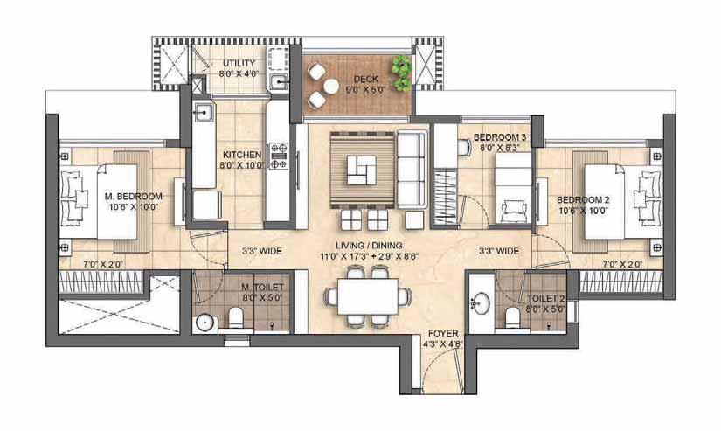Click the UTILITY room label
click(239, 63)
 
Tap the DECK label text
click(366, 79)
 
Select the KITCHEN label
click(242, 155)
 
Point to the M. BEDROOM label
click(134, 197)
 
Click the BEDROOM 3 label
click(500, 137)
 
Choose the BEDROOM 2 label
click(583, 200)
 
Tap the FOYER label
click(443, 333)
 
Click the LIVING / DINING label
click(369, 246)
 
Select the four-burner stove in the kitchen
click(279, 156)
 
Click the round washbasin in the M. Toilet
click(204, 323)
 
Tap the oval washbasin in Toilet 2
click(481, 303)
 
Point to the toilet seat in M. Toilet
click(235, 317)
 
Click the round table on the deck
click(330, 86)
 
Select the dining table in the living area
click(367, 296)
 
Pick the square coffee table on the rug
click(362, 170)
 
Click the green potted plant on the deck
click(402, 73)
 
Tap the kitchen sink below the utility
click(203, 112)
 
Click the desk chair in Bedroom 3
click(464, 147)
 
